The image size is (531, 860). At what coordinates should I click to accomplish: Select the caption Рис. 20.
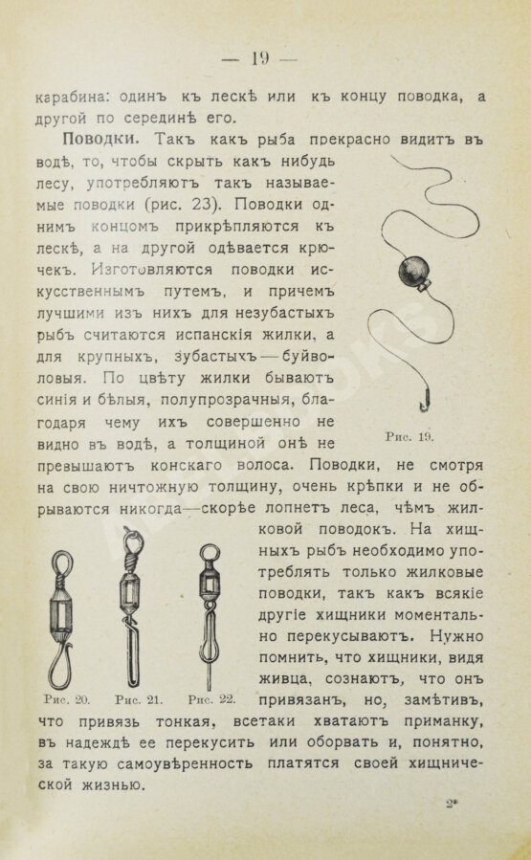click(55, 698)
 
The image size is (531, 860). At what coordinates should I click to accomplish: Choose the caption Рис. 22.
click(213, 698)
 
